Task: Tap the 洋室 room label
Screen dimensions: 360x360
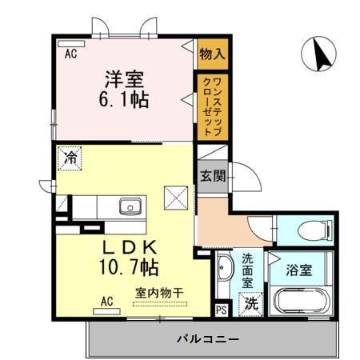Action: (x=124, y=80)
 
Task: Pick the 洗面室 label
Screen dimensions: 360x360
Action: (x=247, y=270)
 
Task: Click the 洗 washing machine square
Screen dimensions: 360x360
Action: (x=251, y=304)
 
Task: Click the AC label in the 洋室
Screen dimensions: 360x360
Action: (x=71, y=54)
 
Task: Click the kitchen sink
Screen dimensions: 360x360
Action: (x=130, y=207)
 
